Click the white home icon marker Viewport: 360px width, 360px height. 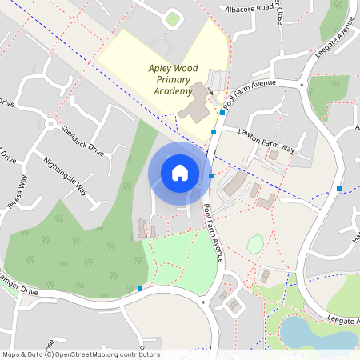pyautogui.click(x=180, y=173)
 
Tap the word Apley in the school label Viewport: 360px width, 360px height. pyautogui.click(x=162, y=69)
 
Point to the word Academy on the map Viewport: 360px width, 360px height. pyautogui.click(x=173, y=91)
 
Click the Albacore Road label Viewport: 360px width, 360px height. pyautogui.click(x=250, y=10)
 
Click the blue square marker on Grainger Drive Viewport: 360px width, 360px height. pyautogui.click(x=140, y=288)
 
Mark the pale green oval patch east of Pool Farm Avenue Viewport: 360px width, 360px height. pyautogui.click(x=255, y=244)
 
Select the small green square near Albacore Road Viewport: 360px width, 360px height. pyautogui.click(x=173, y=18)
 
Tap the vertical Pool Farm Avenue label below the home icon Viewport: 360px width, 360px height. pyautogui.click(x=213, y=233)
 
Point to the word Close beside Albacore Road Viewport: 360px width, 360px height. pyautogui.click(x=281, y=14)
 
